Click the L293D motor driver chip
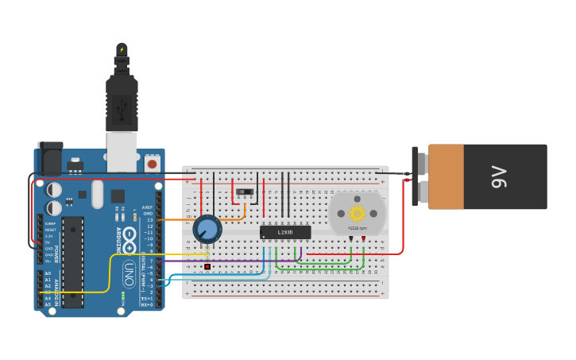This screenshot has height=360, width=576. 285,233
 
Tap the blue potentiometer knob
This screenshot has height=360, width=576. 207,230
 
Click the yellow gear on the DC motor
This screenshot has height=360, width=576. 357,213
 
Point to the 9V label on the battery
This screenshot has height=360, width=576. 498,176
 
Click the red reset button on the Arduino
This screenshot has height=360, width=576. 152,164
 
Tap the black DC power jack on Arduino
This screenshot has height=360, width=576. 50,159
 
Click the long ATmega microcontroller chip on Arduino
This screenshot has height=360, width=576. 72,261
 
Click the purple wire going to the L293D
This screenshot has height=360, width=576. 238,261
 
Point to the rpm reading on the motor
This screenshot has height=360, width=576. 357,228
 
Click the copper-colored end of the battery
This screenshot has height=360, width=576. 446,176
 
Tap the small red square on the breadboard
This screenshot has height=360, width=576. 207,266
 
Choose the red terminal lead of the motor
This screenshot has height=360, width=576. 363,238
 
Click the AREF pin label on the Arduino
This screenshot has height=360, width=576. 147,207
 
